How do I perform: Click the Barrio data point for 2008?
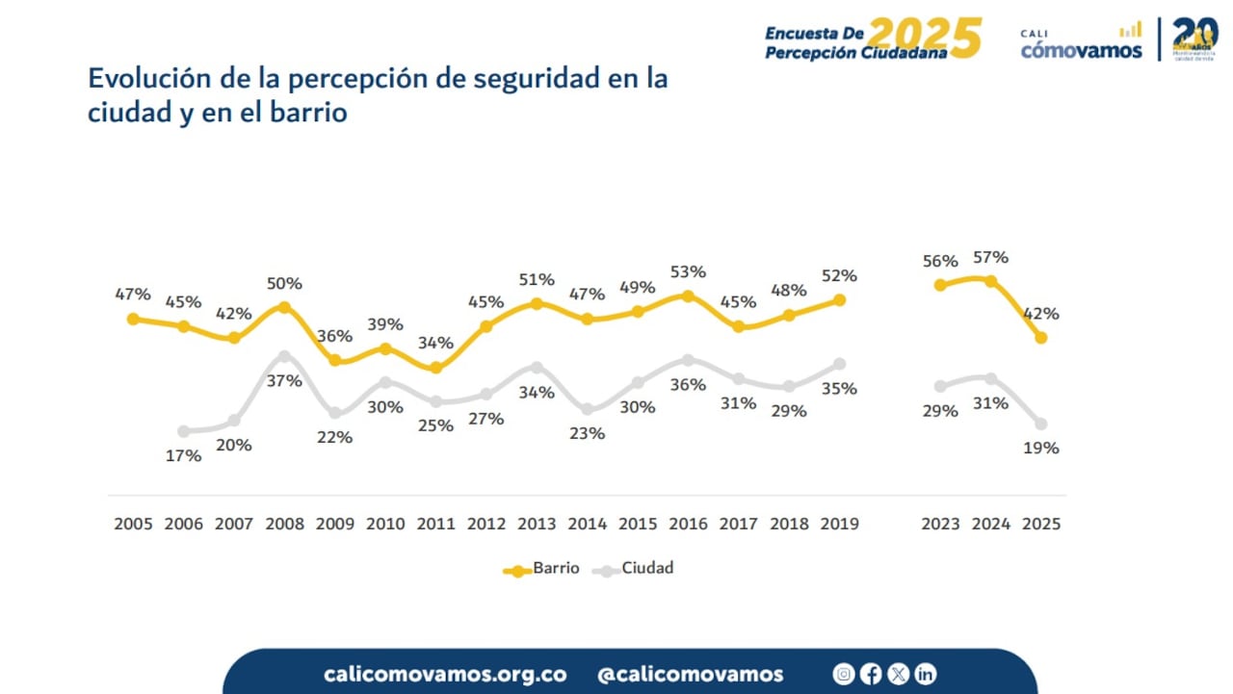tap(284, 307)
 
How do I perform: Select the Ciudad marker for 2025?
tap(1041, 424)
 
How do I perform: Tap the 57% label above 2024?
tap(990, 258)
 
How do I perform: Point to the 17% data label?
tap(183, 455)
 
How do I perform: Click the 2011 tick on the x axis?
tap(435, 525)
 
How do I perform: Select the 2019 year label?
tap(838, 525)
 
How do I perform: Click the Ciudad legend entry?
tap(635, 568)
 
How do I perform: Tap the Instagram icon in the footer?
tap(844, 674)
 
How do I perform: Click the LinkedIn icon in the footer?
tap(925, 674)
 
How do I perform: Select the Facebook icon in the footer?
tap(871, 674)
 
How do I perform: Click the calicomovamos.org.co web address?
tap(445, 674)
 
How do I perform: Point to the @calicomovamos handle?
tap(690, 674)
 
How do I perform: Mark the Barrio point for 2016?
tap(688, 296)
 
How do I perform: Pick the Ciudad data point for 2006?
tap(183, 431)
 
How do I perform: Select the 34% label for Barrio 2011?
tap(435, 343)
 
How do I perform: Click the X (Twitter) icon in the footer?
tap(898, 674)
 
